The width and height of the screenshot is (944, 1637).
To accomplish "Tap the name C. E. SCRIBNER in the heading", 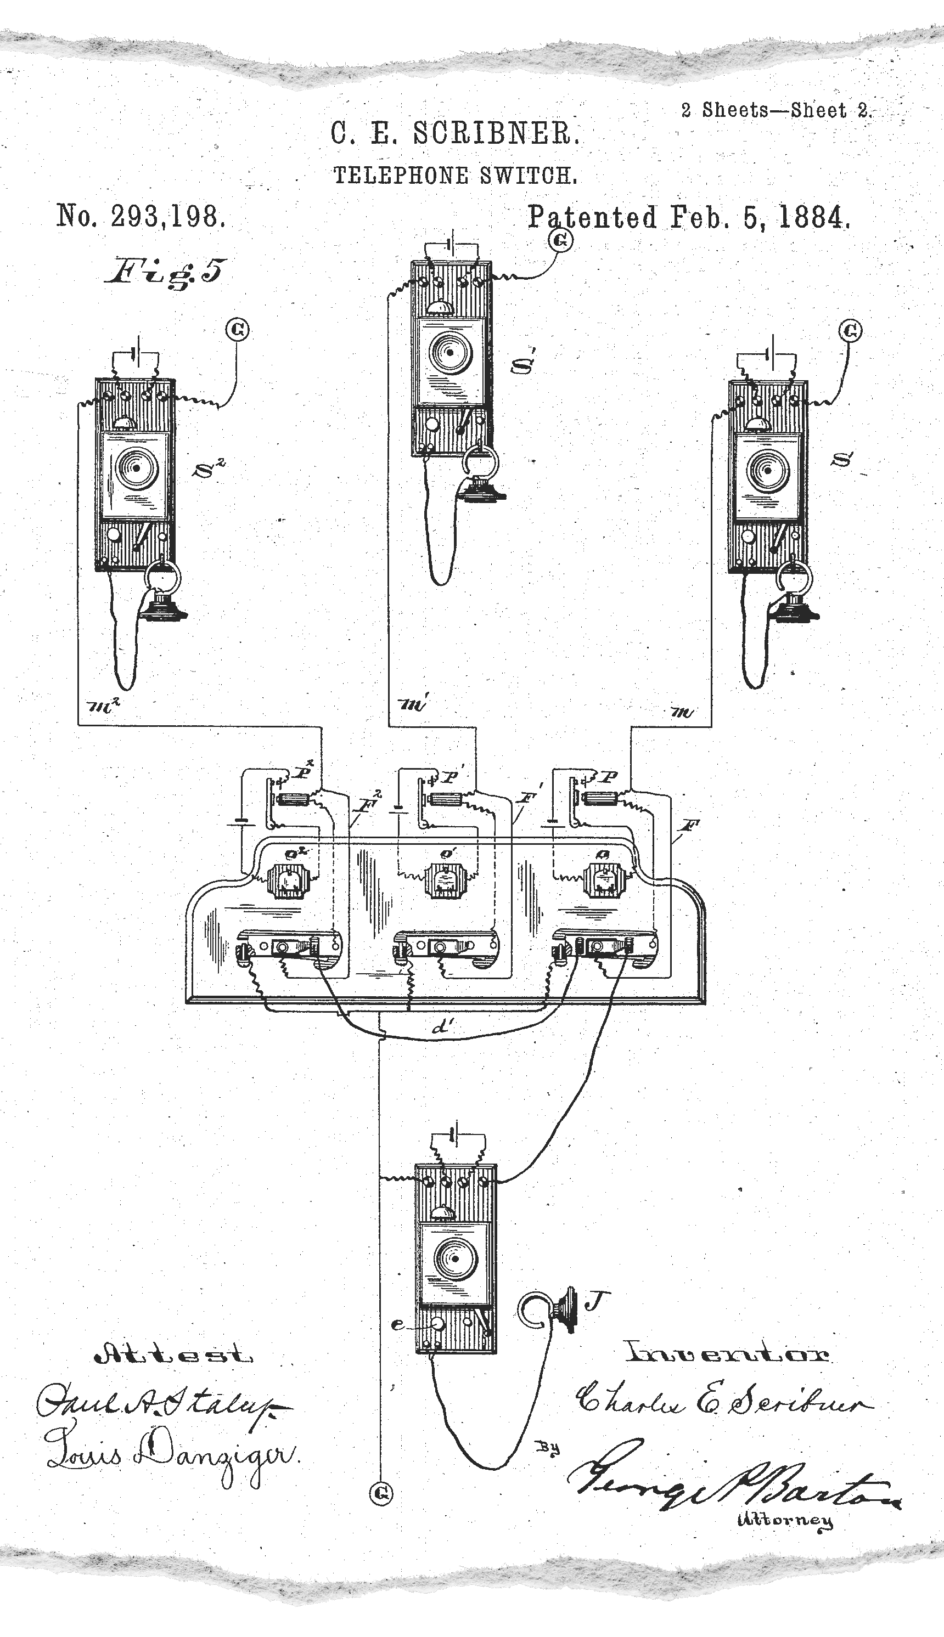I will pyautogui.click(x=454, y=134).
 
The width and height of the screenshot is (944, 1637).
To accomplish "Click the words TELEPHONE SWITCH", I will pyautogui.click(x=454, y=175).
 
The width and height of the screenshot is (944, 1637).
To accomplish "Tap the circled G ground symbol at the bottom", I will pyautogui.click(x=381, y=1493).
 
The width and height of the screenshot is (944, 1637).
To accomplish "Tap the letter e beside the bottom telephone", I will pyautogui.click(x=397, y=1325).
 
